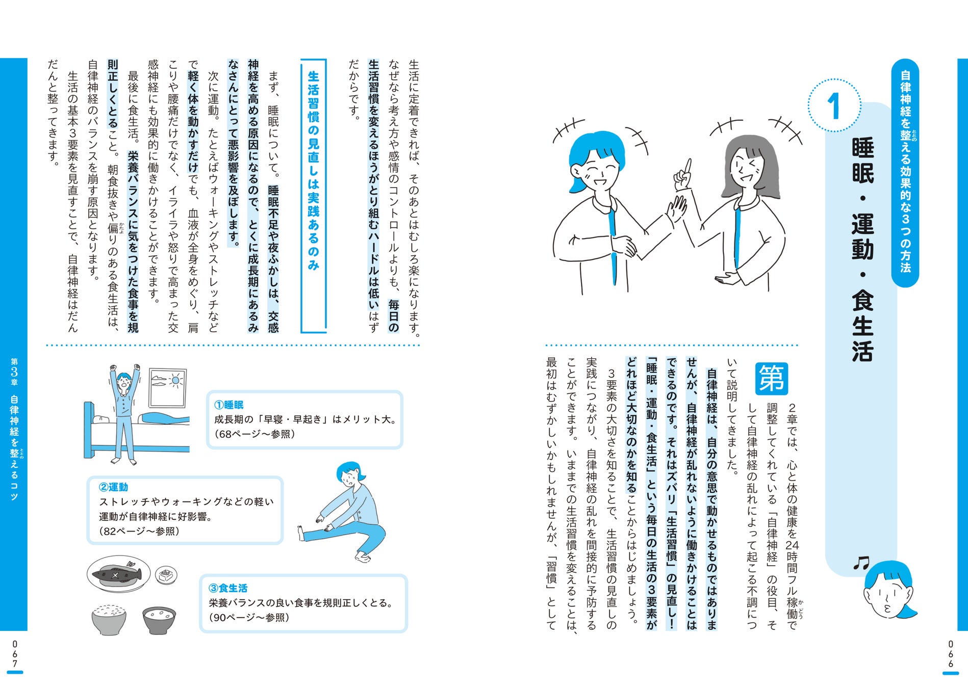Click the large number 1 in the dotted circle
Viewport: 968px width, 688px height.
pos(834,106)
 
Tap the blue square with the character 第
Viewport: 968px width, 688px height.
pos(771,379)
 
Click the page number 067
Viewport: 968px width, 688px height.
pos(15,654)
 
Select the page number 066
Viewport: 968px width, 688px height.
pos(951,654)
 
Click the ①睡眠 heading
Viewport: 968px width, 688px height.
pos(228,405)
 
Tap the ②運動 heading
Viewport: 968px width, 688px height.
pos(113,487)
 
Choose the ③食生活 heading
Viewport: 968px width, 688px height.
pos(228,588)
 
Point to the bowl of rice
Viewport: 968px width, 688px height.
pos(109,620)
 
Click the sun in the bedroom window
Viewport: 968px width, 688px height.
pos(176,380)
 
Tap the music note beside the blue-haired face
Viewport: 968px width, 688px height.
pos(861,563)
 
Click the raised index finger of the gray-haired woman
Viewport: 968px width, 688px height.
pos(688,167)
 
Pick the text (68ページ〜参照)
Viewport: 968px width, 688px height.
pos(255,434)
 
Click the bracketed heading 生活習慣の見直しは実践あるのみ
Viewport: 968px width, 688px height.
pos(313,170)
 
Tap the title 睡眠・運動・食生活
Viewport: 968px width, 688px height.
pos(862,249)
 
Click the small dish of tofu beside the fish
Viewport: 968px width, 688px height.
pos(166,575)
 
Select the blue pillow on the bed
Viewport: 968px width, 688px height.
pos(161,418)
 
